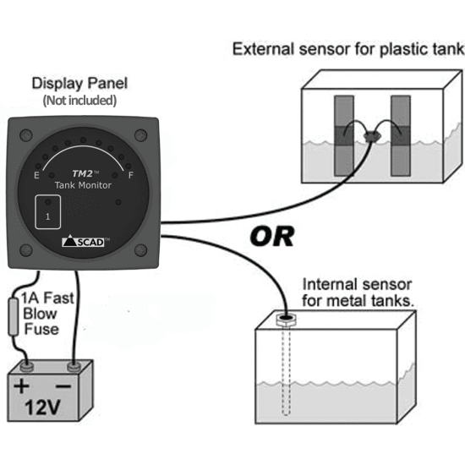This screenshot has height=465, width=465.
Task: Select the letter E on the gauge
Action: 36,176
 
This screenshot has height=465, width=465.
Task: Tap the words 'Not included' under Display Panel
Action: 80,101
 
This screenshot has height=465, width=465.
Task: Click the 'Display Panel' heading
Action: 80,85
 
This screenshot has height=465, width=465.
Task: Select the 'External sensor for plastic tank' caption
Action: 347,50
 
